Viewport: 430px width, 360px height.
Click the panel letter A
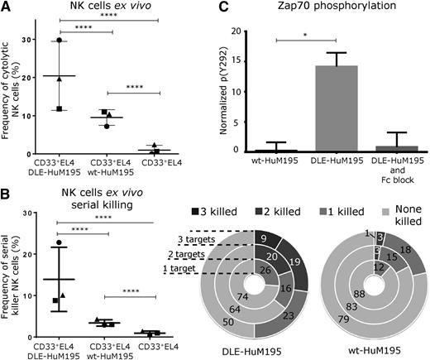point(6,7)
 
